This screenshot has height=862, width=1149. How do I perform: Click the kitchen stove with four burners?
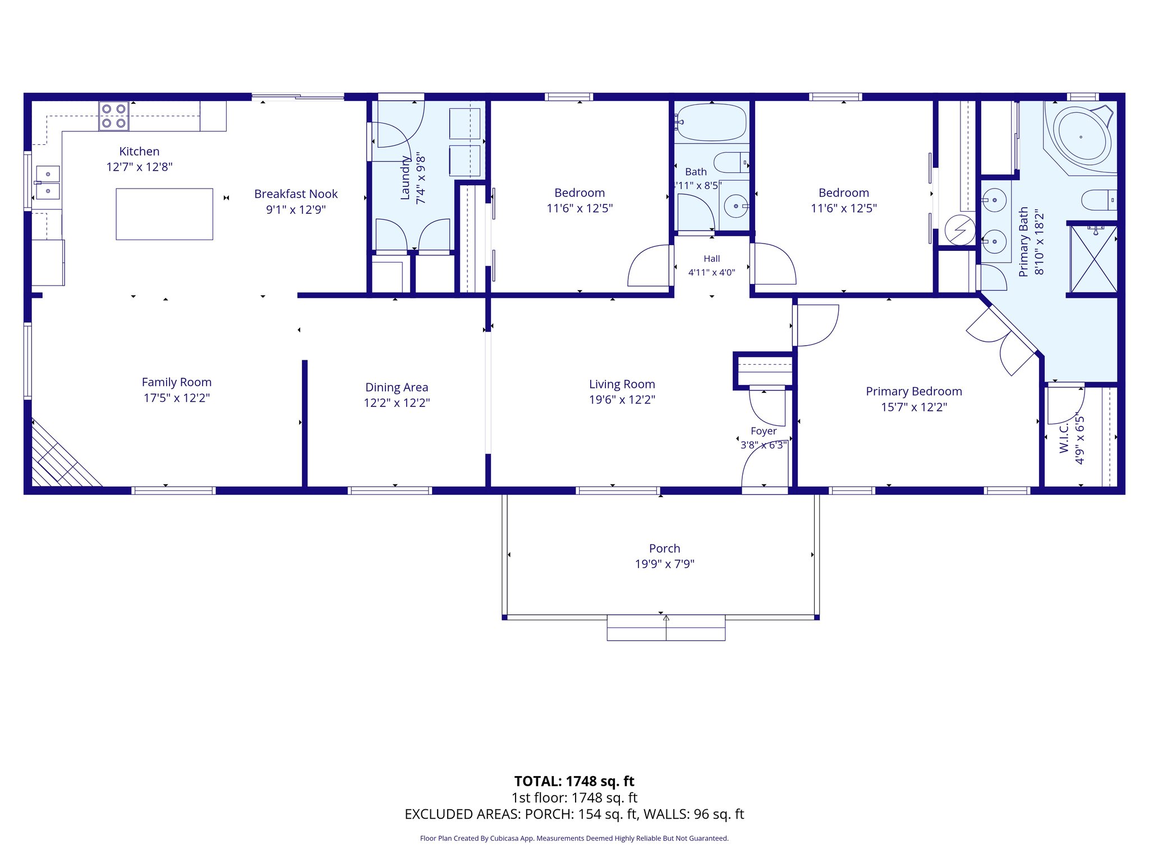coord(114,116)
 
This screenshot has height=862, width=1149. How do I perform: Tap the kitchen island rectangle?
coord(164,214)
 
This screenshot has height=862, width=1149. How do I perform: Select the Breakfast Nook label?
coord(296,194)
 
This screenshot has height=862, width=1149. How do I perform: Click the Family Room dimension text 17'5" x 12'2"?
coord(177,398)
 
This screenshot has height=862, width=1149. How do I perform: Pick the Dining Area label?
coord(397,387)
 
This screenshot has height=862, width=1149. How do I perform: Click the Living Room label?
coord(622,384)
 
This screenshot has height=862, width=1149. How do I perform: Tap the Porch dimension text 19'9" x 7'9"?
coord(665,564)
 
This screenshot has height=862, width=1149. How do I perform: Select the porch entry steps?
coord(666,628)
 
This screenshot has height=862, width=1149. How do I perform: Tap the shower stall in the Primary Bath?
coord(1093,259)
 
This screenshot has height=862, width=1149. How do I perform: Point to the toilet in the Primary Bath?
coord(1099,200)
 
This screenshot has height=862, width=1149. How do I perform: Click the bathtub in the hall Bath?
coord(711,122)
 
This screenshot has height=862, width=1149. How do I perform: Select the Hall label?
coord(712,259)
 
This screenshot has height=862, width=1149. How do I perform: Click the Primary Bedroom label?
coord(914,392)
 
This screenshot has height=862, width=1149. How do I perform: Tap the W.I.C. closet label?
coord(1064,438)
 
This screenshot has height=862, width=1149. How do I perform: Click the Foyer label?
coord(764,431)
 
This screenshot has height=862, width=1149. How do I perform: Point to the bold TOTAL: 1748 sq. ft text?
coord(574,781)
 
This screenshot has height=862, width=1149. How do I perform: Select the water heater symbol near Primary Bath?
coord(960,230)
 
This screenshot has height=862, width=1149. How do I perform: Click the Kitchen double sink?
coord(48,183)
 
